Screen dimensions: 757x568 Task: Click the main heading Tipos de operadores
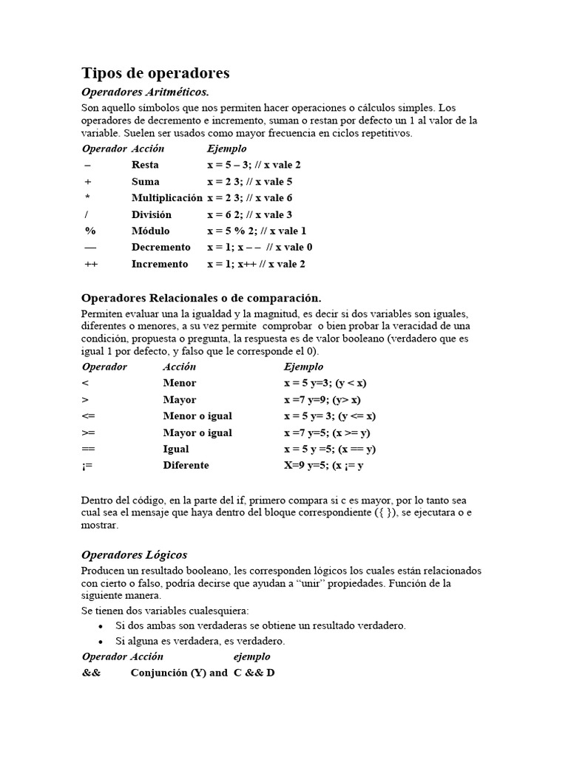(155, 73)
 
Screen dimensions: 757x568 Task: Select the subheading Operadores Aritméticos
(145, 92)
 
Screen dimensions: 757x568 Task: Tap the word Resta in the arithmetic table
(145, 165)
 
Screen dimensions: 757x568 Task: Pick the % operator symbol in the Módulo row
(89, 231)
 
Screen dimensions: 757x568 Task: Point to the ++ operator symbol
(90, 264)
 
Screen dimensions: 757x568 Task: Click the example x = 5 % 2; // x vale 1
(257, 231)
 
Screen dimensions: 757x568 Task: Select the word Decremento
(160, 248)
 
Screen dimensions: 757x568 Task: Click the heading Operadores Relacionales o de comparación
(201, 298)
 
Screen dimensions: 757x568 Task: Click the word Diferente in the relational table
(186, 466)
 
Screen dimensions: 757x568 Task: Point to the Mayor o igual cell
(197, 432)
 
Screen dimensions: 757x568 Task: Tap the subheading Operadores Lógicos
(134, 554)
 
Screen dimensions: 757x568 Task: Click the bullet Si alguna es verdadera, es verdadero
(200, 641)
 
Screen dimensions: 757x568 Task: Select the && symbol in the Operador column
(91, 673)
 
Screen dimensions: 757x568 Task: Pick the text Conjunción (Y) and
(179, 673)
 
